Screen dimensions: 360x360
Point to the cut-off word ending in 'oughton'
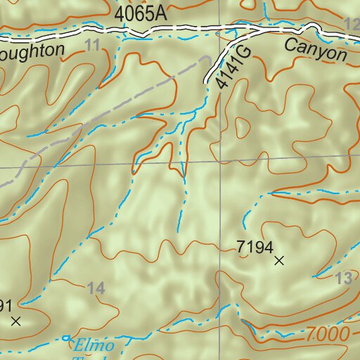click(x=32, y=50)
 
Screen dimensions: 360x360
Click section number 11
click(x=91, y=46)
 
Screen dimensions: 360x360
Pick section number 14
click(x=96, y=288)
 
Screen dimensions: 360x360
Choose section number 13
click(x=343, y=279)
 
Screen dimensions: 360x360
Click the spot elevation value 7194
click(x=254, y=246)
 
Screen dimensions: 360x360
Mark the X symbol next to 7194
click(x=279, y=261)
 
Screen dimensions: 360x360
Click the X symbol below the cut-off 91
click(x=17, y=321)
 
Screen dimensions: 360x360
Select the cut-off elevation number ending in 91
click(x=6, y=305)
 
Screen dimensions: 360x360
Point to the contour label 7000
click(x=327, y=335)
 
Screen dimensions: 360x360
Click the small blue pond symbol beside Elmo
click(x=67, y=338)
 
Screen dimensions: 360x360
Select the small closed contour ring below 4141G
click(x=243, y=127)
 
